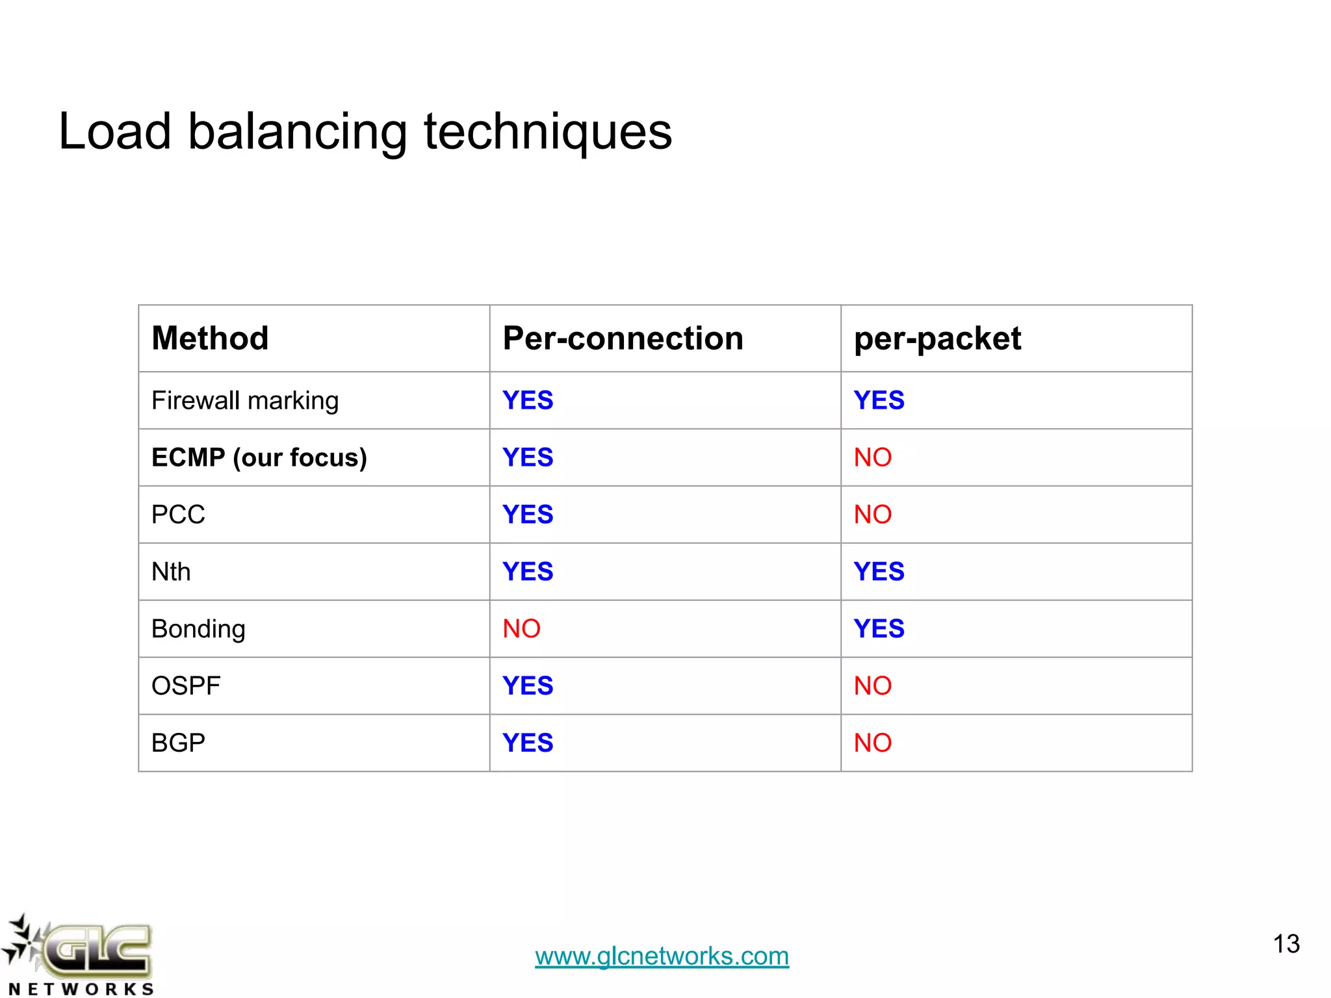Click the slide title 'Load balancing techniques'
(365, 132)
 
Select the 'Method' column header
(210, 339)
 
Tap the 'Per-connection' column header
(623, 339)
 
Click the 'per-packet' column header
(937, 339)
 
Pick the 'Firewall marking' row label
(245, 401)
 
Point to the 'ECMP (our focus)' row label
(259, 457)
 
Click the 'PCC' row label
(178, 515)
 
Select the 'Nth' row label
(171, 572)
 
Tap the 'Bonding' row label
(198, 629)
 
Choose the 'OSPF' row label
(186, 686)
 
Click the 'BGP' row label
(178, 743)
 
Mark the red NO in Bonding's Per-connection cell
(521, 629)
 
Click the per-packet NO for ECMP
(872, 457)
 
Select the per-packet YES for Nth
(879, 572)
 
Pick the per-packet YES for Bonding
(879, 629)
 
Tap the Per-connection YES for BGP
(528, 743)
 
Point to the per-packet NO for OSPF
(872, 686)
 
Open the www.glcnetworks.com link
(662, 956)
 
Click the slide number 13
(1286, 944)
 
